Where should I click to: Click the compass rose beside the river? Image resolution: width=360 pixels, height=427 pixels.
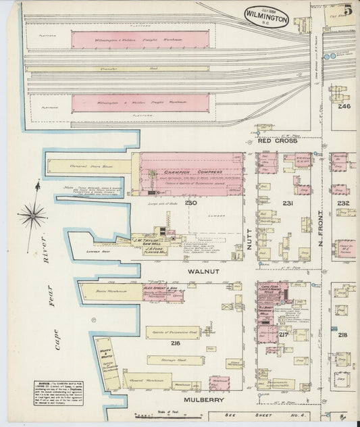[x=32, y=216]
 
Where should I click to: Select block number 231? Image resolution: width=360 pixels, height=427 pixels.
[x=288, y=203]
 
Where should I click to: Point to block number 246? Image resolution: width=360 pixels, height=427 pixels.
[x=345, y=106]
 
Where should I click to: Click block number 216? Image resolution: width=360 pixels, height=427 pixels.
[x=176, y=343]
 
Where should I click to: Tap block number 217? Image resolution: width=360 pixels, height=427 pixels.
[x=284, y=334]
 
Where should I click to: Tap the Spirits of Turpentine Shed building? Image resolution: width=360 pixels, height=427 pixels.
[x=172, y=332]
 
